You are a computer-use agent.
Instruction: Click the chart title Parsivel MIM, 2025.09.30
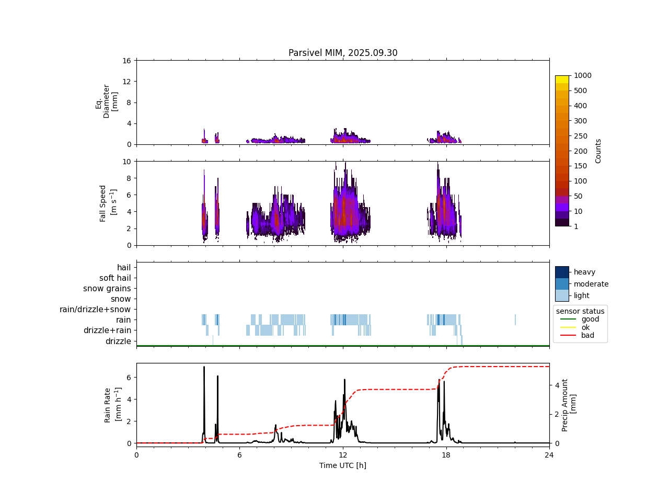(343, 53)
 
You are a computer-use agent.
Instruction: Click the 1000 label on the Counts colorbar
(582, 75)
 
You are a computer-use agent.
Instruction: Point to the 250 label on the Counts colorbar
(580, 136)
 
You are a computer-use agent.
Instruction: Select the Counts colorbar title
(598, 151)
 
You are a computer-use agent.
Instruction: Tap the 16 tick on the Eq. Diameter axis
(126, 61)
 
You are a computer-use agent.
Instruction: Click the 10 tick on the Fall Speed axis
(126, 162)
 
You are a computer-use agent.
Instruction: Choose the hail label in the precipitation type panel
(124, 268)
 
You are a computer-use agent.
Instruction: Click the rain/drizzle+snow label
(95, 310)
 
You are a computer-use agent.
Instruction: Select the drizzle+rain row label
(107, 330)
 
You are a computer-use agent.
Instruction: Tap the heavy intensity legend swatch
(562, 272)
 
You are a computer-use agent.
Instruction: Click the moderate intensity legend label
(591, 284)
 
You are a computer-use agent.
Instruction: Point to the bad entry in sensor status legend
(587, 335)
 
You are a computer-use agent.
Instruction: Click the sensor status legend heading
(580, 311)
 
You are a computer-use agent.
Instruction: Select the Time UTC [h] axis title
(343, 465)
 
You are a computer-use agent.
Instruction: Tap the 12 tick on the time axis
(343, 455)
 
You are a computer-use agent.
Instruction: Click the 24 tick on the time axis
(549, 455)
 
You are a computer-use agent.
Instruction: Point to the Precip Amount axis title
(569, 405)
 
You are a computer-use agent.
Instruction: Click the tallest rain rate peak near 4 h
(204, 368)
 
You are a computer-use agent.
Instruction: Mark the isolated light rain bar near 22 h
(515, 320)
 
